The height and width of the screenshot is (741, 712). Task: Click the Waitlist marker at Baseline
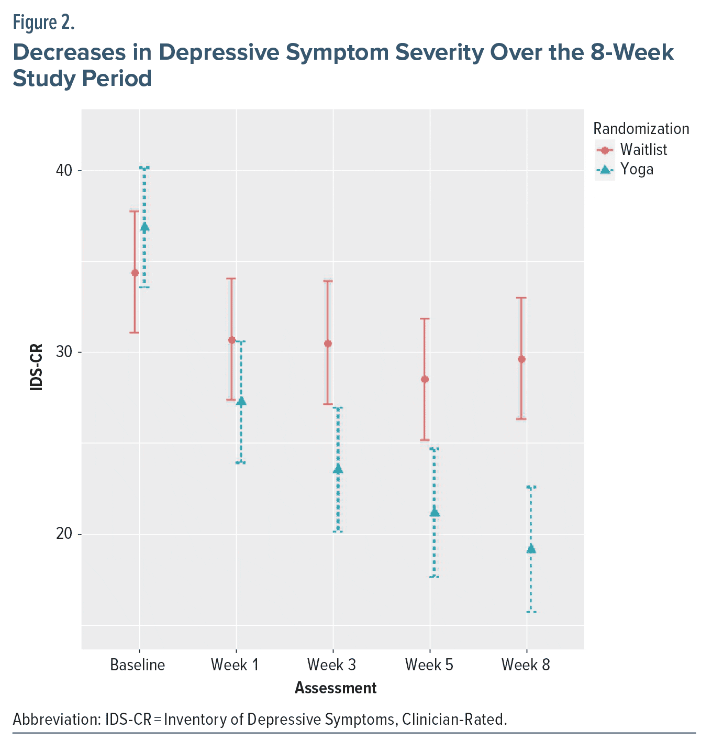click(x=135, y=272)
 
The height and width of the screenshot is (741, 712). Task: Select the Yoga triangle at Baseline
click(x=144, y=227)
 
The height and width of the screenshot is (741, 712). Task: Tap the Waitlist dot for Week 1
click(x=231, y=340)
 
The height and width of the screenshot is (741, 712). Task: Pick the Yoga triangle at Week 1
click(x=241, y=401)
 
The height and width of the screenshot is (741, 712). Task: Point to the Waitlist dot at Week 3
click(x=328, y=344)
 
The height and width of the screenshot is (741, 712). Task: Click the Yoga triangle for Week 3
click(x=338, y=469)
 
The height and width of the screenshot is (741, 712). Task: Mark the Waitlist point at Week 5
click(x=425, y=379)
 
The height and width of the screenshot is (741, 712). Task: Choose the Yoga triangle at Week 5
click(x=435, y=513)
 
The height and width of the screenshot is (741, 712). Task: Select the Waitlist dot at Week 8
click(x=521, y=359)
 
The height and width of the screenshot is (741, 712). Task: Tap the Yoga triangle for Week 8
click(x=531, y=549)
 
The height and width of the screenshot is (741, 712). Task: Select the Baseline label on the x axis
click(x=138, y=665)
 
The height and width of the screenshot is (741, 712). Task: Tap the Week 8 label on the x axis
click(x=526, y=665)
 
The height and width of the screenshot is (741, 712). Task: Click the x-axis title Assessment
click(x=336, y=688)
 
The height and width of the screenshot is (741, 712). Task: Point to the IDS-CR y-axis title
click(x=36, y=367)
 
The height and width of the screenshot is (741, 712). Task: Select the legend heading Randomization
click(x=641, y=129)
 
